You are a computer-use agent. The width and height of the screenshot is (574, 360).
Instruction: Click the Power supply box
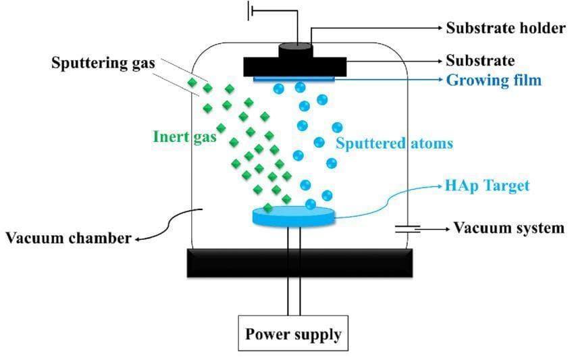coord(293,334)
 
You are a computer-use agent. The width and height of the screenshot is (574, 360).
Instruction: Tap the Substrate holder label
coord(505,28)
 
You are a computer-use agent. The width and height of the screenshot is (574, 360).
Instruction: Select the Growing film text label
coord(494,81)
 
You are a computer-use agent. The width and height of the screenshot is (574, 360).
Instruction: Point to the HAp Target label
coord(487,185)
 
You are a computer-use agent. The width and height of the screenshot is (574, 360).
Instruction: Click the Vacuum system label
coord(508,228)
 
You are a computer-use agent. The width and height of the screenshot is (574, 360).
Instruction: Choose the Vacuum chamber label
coord(68,238)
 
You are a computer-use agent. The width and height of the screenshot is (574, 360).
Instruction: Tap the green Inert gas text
coord(184,136)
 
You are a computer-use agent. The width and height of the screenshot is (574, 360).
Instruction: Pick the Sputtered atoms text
coord(394,143)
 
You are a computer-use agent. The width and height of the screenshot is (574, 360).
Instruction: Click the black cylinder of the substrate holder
coord(294,49)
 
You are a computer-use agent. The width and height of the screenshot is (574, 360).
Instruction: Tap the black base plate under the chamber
coord(299,263)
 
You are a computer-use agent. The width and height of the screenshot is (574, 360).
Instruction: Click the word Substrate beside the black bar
coord(480,61)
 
